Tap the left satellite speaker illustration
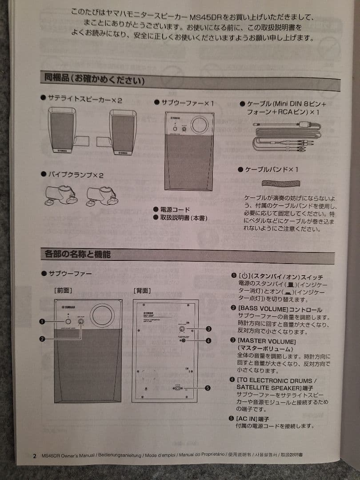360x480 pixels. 63,132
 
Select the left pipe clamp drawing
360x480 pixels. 61,195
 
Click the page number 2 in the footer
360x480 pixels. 35,456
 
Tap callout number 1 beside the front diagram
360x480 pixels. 42,321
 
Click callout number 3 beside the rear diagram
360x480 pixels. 208,329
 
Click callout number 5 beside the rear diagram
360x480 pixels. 207,388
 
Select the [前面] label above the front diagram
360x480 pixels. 63,291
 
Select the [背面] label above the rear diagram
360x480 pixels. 142,291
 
